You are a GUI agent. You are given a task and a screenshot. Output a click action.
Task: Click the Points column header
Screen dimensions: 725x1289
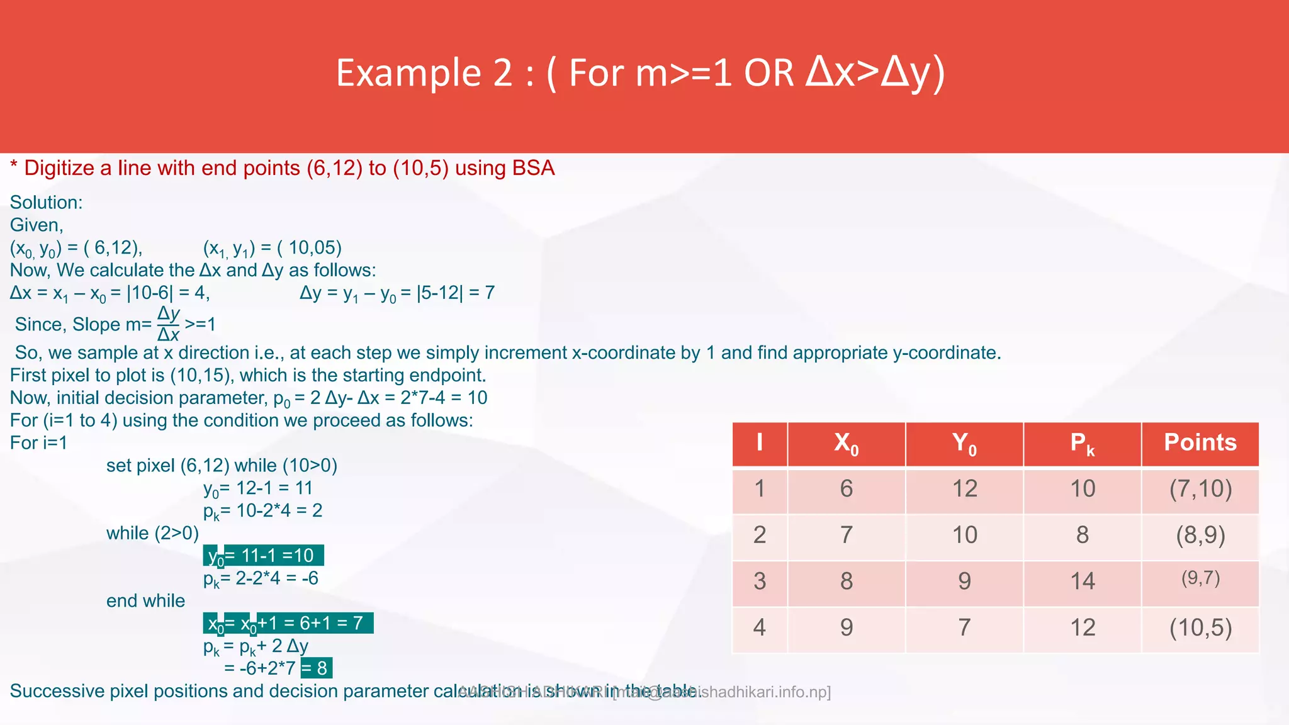coord(1200,443)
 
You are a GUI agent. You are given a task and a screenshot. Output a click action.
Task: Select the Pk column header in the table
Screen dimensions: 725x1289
coord(1082,443)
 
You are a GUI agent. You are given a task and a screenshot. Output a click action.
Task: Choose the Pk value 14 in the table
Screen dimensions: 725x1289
coord(1082,581)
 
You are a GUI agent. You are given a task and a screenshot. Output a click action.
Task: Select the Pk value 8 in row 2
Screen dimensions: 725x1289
coord(1082,535)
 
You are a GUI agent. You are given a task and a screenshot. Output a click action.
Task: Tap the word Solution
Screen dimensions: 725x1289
coord(46,203)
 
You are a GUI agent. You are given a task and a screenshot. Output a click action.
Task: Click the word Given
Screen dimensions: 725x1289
coord(36,225)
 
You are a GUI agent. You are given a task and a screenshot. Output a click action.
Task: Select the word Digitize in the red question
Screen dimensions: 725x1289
coord(59,169)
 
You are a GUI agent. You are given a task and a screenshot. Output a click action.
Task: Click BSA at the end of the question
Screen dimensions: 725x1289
coord(533,169)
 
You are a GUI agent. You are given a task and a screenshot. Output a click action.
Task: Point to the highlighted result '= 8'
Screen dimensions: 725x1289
coord(317,668)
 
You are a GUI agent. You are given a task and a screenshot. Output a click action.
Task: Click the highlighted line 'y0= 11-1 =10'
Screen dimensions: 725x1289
coord(263,556)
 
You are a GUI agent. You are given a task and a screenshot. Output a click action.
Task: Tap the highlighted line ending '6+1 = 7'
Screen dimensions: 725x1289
coord(288,624)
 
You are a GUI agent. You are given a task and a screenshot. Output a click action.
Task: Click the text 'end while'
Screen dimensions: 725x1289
coord(145,601)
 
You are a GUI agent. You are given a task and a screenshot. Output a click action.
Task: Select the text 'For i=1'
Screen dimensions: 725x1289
coord(38,443)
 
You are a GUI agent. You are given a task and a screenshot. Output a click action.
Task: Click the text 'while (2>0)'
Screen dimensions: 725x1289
coord(152,533)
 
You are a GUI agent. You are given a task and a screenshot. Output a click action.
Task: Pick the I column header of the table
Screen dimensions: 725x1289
coord(760,443)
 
